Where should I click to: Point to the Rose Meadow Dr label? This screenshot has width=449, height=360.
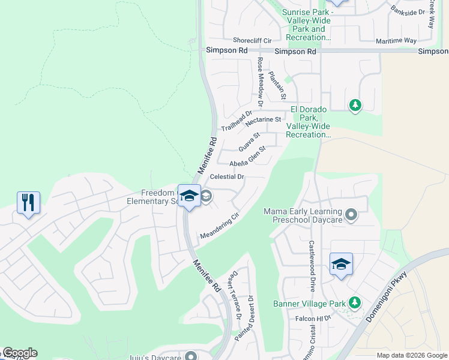coord(261,83)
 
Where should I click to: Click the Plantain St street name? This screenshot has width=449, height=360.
coord(277,85)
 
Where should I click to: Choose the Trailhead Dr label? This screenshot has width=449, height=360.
coord(237,121)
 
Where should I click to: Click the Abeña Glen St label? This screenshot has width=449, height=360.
coord(247,157)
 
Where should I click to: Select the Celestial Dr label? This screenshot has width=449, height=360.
coord(228,177)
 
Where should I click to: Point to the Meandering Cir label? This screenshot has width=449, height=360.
coord(220,225)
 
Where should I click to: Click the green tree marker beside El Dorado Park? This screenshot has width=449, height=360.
coord(355,106)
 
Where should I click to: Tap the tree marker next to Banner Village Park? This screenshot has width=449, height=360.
coord(355,302)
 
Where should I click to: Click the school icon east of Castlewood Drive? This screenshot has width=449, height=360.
coord(341,264)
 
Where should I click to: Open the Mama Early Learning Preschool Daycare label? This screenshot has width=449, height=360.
coord(303,215)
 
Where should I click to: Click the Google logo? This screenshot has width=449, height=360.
coord(19,353)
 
